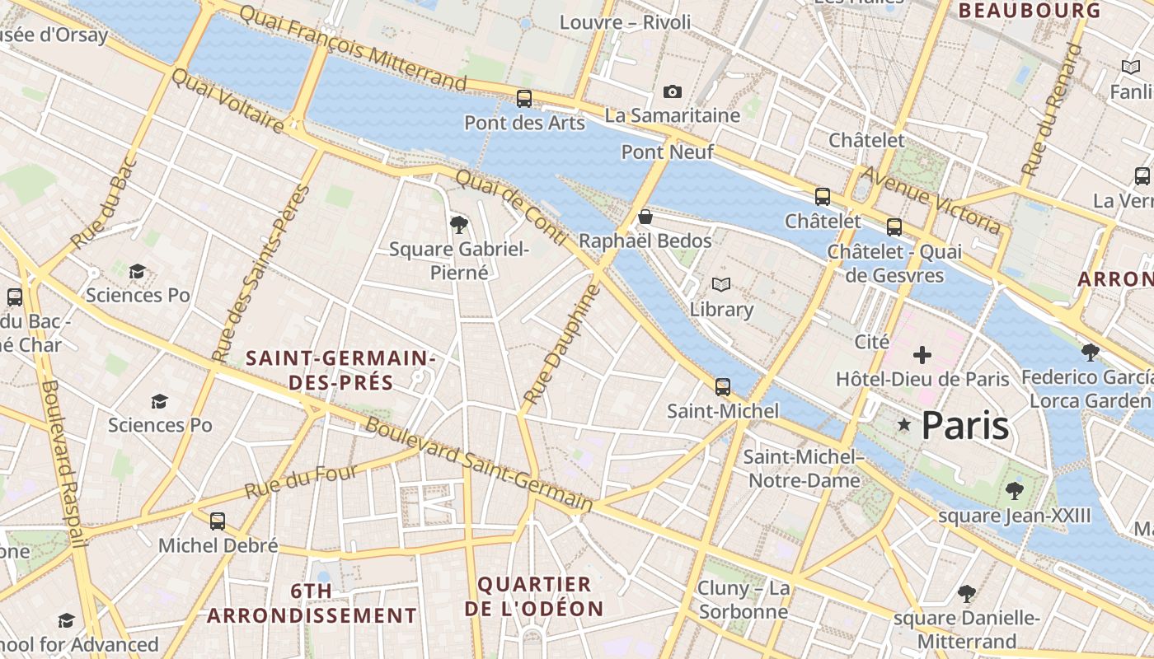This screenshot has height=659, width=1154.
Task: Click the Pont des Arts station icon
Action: [524, 99]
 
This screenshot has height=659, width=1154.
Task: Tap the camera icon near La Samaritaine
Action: [673, 91]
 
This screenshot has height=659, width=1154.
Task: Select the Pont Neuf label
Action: [667, 152]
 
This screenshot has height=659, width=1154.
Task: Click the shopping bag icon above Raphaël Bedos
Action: [645, 217]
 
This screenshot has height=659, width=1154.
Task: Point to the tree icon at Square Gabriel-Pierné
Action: [459, 224]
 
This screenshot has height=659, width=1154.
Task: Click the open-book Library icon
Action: [721, 285]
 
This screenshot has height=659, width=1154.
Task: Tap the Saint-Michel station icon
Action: [723, 386]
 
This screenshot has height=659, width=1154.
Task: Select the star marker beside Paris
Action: [904, 425]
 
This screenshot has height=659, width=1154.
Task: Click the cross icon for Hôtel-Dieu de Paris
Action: [922, 355]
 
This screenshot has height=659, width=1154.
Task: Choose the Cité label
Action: [872, 341]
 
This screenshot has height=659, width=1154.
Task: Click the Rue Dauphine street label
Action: [559, 344]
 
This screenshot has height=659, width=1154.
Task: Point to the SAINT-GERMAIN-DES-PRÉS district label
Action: [340, 371]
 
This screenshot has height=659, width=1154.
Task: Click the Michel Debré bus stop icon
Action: [218, 521]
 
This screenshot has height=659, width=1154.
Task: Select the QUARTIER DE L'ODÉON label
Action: [534, 596]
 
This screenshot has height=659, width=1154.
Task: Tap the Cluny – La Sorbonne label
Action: [744, 600]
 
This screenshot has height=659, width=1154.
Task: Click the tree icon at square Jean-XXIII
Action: [1014, 492]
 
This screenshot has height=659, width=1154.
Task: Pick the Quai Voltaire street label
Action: [228, 100]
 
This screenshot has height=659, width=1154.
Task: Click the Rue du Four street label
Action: [302, 482]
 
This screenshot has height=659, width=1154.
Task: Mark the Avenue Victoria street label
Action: [931, 199]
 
